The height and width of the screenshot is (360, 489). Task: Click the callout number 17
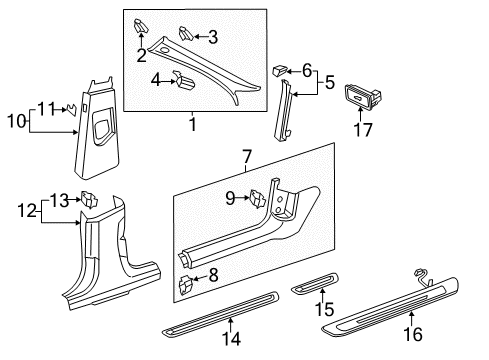(x=363, y=130)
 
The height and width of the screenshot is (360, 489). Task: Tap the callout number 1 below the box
(x=193, y=124)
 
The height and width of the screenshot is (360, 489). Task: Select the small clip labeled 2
(x=140, y=26)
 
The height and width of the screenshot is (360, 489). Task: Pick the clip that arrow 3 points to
(x=186, y=34)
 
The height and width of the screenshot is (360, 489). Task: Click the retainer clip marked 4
(x=185, y=80)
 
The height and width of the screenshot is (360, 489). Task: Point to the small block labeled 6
(x=279, y=70)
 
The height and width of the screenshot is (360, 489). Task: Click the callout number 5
(x=330, y=82)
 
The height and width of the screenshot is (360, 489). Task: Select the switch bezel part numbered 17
(x=363, y=96)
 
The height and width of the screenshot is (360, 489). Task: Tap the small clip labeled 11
(x=72, y=109)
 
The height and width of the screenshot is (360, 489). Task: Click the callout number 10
(x=17, y=121)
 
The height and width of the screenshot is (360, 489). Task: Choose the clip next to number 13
(x=89, y=199)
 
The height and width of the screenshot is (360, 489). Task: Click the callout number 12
(x=27, y=211)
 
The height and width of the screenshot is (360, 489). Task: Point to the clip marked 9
(x=257, y=199)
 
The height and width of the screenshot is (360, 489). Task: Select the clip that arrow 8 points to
(x=186, y=284)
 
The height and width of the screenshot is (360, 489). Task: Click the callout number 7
(x=247, y=156)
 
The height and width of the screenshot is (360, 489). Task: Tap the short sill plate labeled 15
(x=315, y=283)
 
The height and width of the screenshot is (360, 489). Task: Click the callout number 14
(x=231, y=339)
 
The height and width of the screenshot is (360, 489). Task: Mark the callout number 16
(x=413, y=334)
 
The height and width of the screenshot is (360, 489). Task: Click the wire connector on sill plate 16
(x=422, y=277)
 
